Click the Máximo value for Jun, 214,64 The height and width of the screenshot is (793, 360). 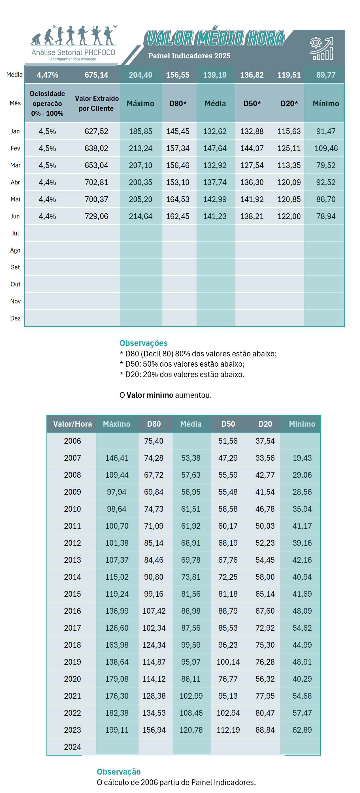tap(140, 216)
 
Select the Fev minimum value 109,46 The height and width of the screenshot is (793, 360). tap(326, 148)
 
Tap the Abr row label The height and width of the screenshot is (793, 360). tap(15, 182)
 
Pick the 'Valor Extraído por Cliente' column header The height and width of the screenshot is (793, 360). tap(96, 103)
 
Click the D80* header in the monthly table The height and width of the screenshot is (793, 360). tap(178, 104)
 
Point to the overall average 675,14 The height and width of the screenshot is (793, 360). tap(96, 75)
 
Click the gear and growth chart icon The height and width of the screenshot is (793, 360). tap(321, 48)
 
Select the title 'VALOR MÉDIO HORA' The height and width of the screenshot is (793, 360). tap(215, 38)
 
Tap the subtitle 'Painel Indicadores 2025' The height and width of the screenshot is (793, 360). tap(189, 56)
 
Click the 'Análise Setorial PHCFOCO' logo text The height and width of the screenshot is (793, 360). tap(73, 52)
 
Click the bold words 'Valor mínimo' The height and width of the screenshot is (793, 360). tap(150, 395)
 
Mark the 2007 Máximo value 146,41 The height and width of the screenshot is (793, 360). tap(117, 458)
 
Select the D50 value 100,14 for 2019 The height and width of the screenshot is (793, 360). tap(228, 662)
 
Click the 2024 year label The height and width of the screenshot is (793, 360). tap(72, 747)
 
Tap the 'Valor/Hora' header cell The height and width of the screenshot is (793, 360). tap(72, 424)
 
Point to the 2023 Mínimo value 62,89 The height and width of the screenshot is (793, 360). tap(302, 730)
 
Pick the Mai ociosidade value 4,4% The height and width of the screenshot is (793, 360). tap(47, 199)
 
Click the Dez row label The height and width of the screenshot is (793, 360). tap(15, 318)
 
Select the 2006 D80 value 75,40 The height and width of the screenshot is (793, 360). tap(154, 441)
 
